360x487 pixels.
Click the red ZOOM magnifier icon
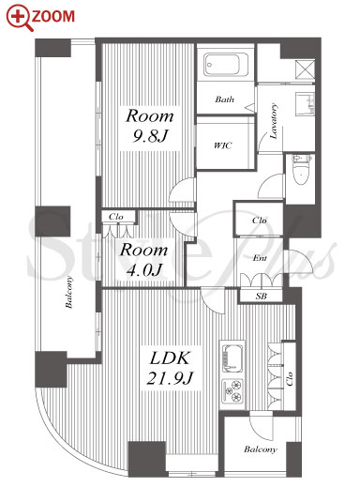[x=20, y=17]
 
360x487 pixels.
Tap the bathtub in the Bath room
[x=226, y=65]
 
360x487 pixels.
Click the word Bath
[x=224, y=99]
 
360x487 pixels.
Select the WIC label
[x=223, y=145]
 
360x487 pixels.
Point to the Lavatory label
[x=274, y=121]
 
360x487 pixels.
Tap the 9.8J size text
[x=150, y=136]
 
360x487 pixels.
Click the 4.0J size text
[x=144, y=270]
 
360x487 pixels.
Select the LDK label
[x=170, y=358]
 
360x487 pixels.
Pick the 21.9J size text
[x=171, y=378]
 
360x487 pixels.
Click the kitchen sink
[x=232, y=358]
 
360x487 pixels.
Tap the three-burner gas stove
[x=232, y=391]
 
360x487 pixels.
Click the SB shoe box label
[x=261, y=296]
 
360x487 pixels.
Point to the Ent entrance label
[x=260, y=258]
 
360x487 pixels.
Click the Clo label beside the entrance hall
[x=260, y=221]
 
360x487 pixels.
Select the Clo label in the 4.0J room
[x=116, y=217]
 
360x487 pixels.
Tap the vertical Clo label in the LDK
[x=290, y=378]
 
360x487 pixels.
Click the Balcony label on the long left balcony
[x=69, y=292]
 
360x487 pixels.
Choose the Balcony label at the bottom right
[x=261, y=449]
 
